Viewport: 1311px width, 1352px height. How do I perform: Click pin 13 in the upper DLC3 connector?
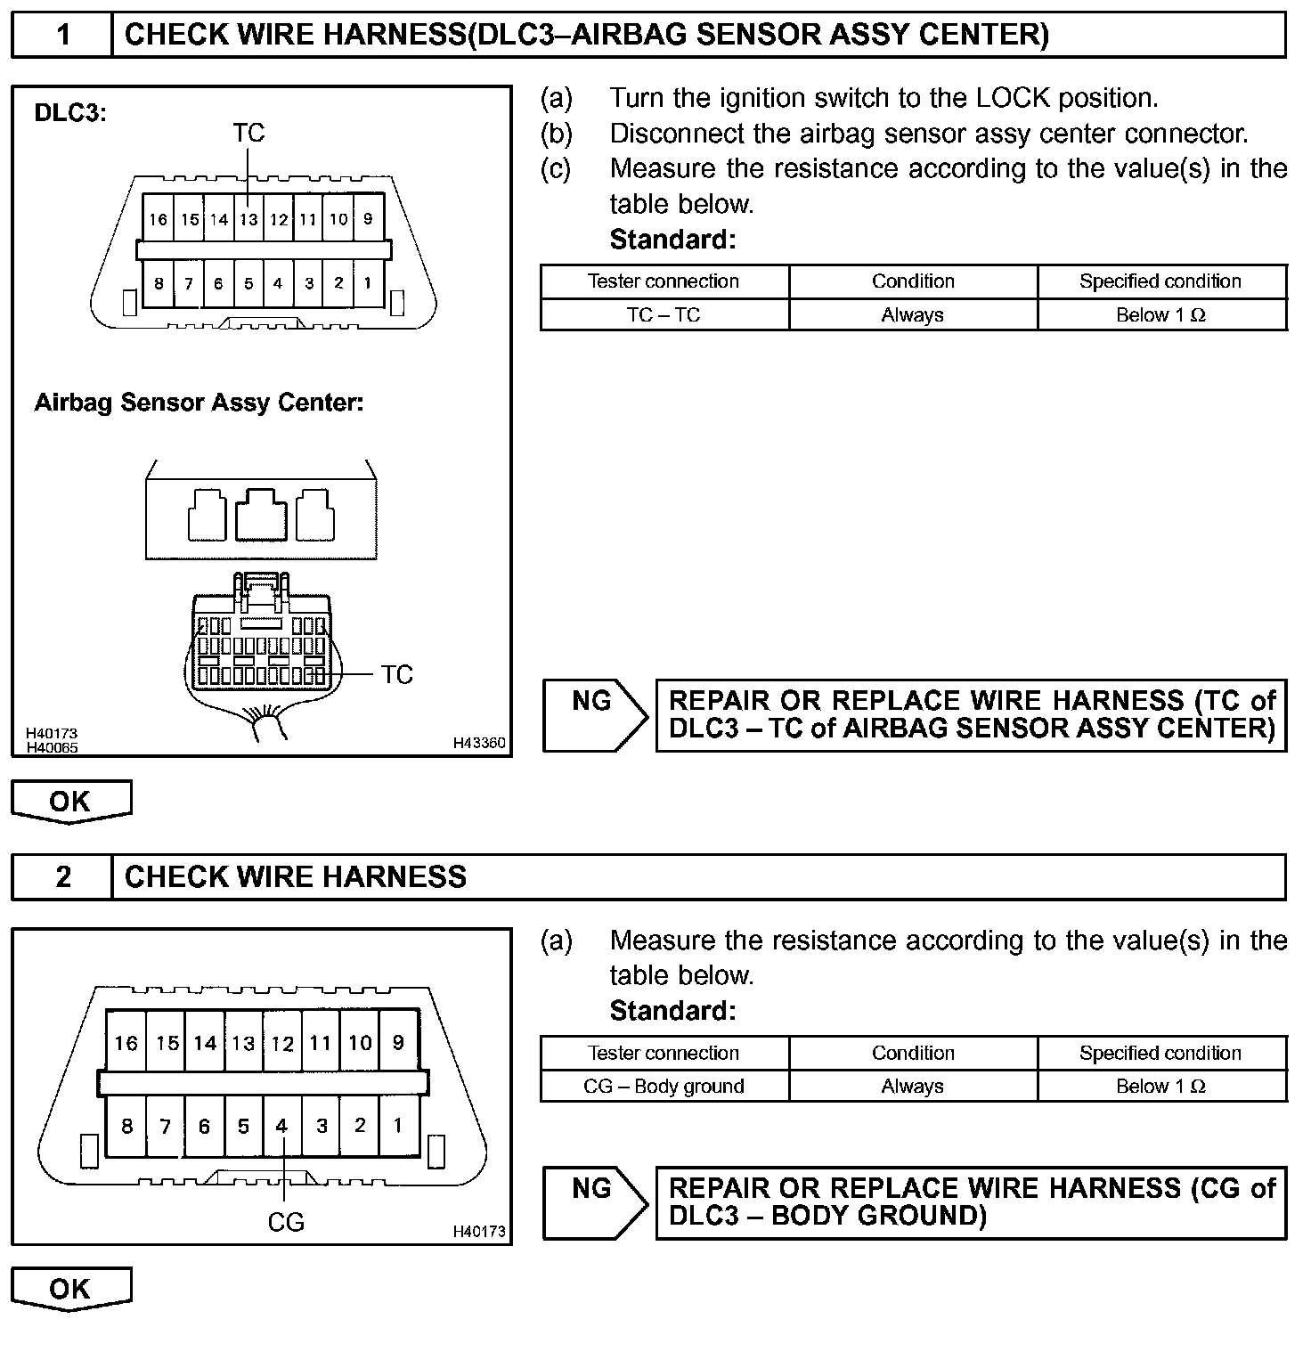click(x=248, y=220)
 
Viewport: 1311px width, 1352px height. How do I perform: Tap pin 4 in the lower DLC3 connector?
click(x=281, y=1126)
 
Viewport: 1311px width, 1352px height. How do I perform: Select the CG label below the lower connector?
click(x=286, y=1222)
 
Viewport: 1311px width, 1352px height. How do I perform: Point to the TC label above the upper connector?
click(x=248, y=133)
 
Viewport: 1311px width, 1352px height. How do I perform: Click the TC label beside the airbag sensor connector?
click(x=397, y=674)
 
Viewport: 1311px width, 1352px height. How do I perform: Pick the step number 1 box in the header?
click(x=62, y=35)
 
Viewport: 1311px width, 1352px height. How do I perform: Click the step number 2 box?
click(x=62, y=877)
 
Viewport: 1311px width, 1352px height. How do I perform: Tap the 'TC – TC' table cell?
click(x=664, y=314)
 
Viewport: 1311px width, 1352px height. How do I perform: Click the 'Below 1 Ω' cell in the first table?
click(x=1160, y=314)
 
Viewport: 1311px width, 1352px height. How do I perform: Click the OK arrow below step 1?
click(x=70, y=802)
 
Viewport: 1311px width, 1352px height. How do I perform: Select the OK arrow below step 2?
click(x=70, y=1289)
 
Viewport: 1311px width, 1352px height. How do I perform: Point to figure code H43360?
click(x=479, y=743)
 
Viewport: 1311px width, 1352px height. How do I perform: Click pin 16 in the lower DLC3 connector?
click(x=126, y=1043)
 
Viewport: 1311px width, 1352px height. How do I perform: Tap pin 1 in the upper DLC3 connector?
click(x=367, y=284)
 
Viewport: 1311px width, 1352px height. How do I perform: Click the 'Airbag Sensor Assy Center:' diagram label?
click(x=199, y=403)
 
